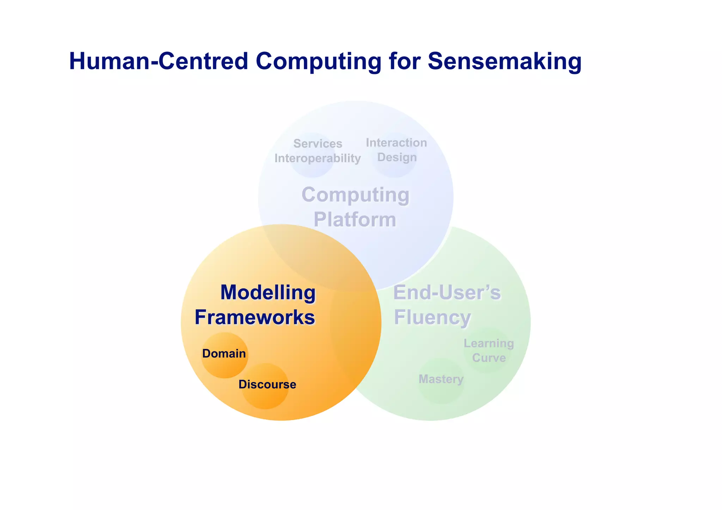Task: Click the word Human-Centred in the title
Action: pyautogui.click(x=159, y=61)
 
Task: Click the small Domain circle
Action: pyautogui.click(x=224, y=355)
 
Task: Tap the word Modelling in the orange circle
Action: pyautogui.click(x=268, y=293)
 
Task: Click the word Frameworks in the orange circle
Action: pyautogui.click(x=255, y=317)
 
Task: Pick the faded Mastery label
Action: pyautogui.click(x=441, y=380)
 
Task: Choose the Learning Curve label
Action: pyautogui.click(x=489, y=350)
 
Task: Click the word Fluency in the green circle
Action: pyautogui.click(x=432, y=317)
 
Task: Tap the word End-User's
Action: pyautogui.click(x=447, y=293)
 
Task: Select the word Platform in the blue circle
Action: pyautogui.click(x=355, y=220)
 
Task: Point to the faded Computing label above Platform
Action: pyautogui.click(x=355, y=195)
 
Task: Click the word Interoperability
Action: pyautogui.click(x=317, y=158)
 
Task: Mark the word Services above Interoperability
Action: pyautogui.click(x=318, y=143)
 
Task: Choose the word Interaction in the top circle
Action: pyautogui.click(x=396, y=142)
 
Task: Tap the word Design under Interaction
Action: pyautogui.click(x=397, y=157)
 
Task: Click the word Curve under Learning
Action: pyautogui.click(x=489, y=358)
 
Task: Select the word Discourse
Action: pyautogui.click(x=267, y=385)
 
